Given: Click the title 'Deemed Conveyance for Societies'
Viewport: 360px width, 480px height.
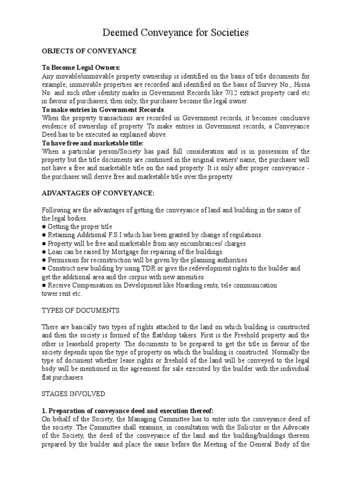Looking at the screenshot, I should click(175, 32).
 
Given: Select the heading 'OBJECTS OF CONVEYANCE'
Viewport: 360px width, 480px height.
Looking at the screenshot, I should click(89, 51).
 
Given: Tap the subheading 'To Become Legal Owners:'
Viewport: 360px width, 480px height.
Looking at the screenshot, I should click(81, 67).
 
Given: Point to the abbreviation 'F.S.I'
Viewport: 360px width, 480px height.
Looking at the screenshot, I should click(125, 235).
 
